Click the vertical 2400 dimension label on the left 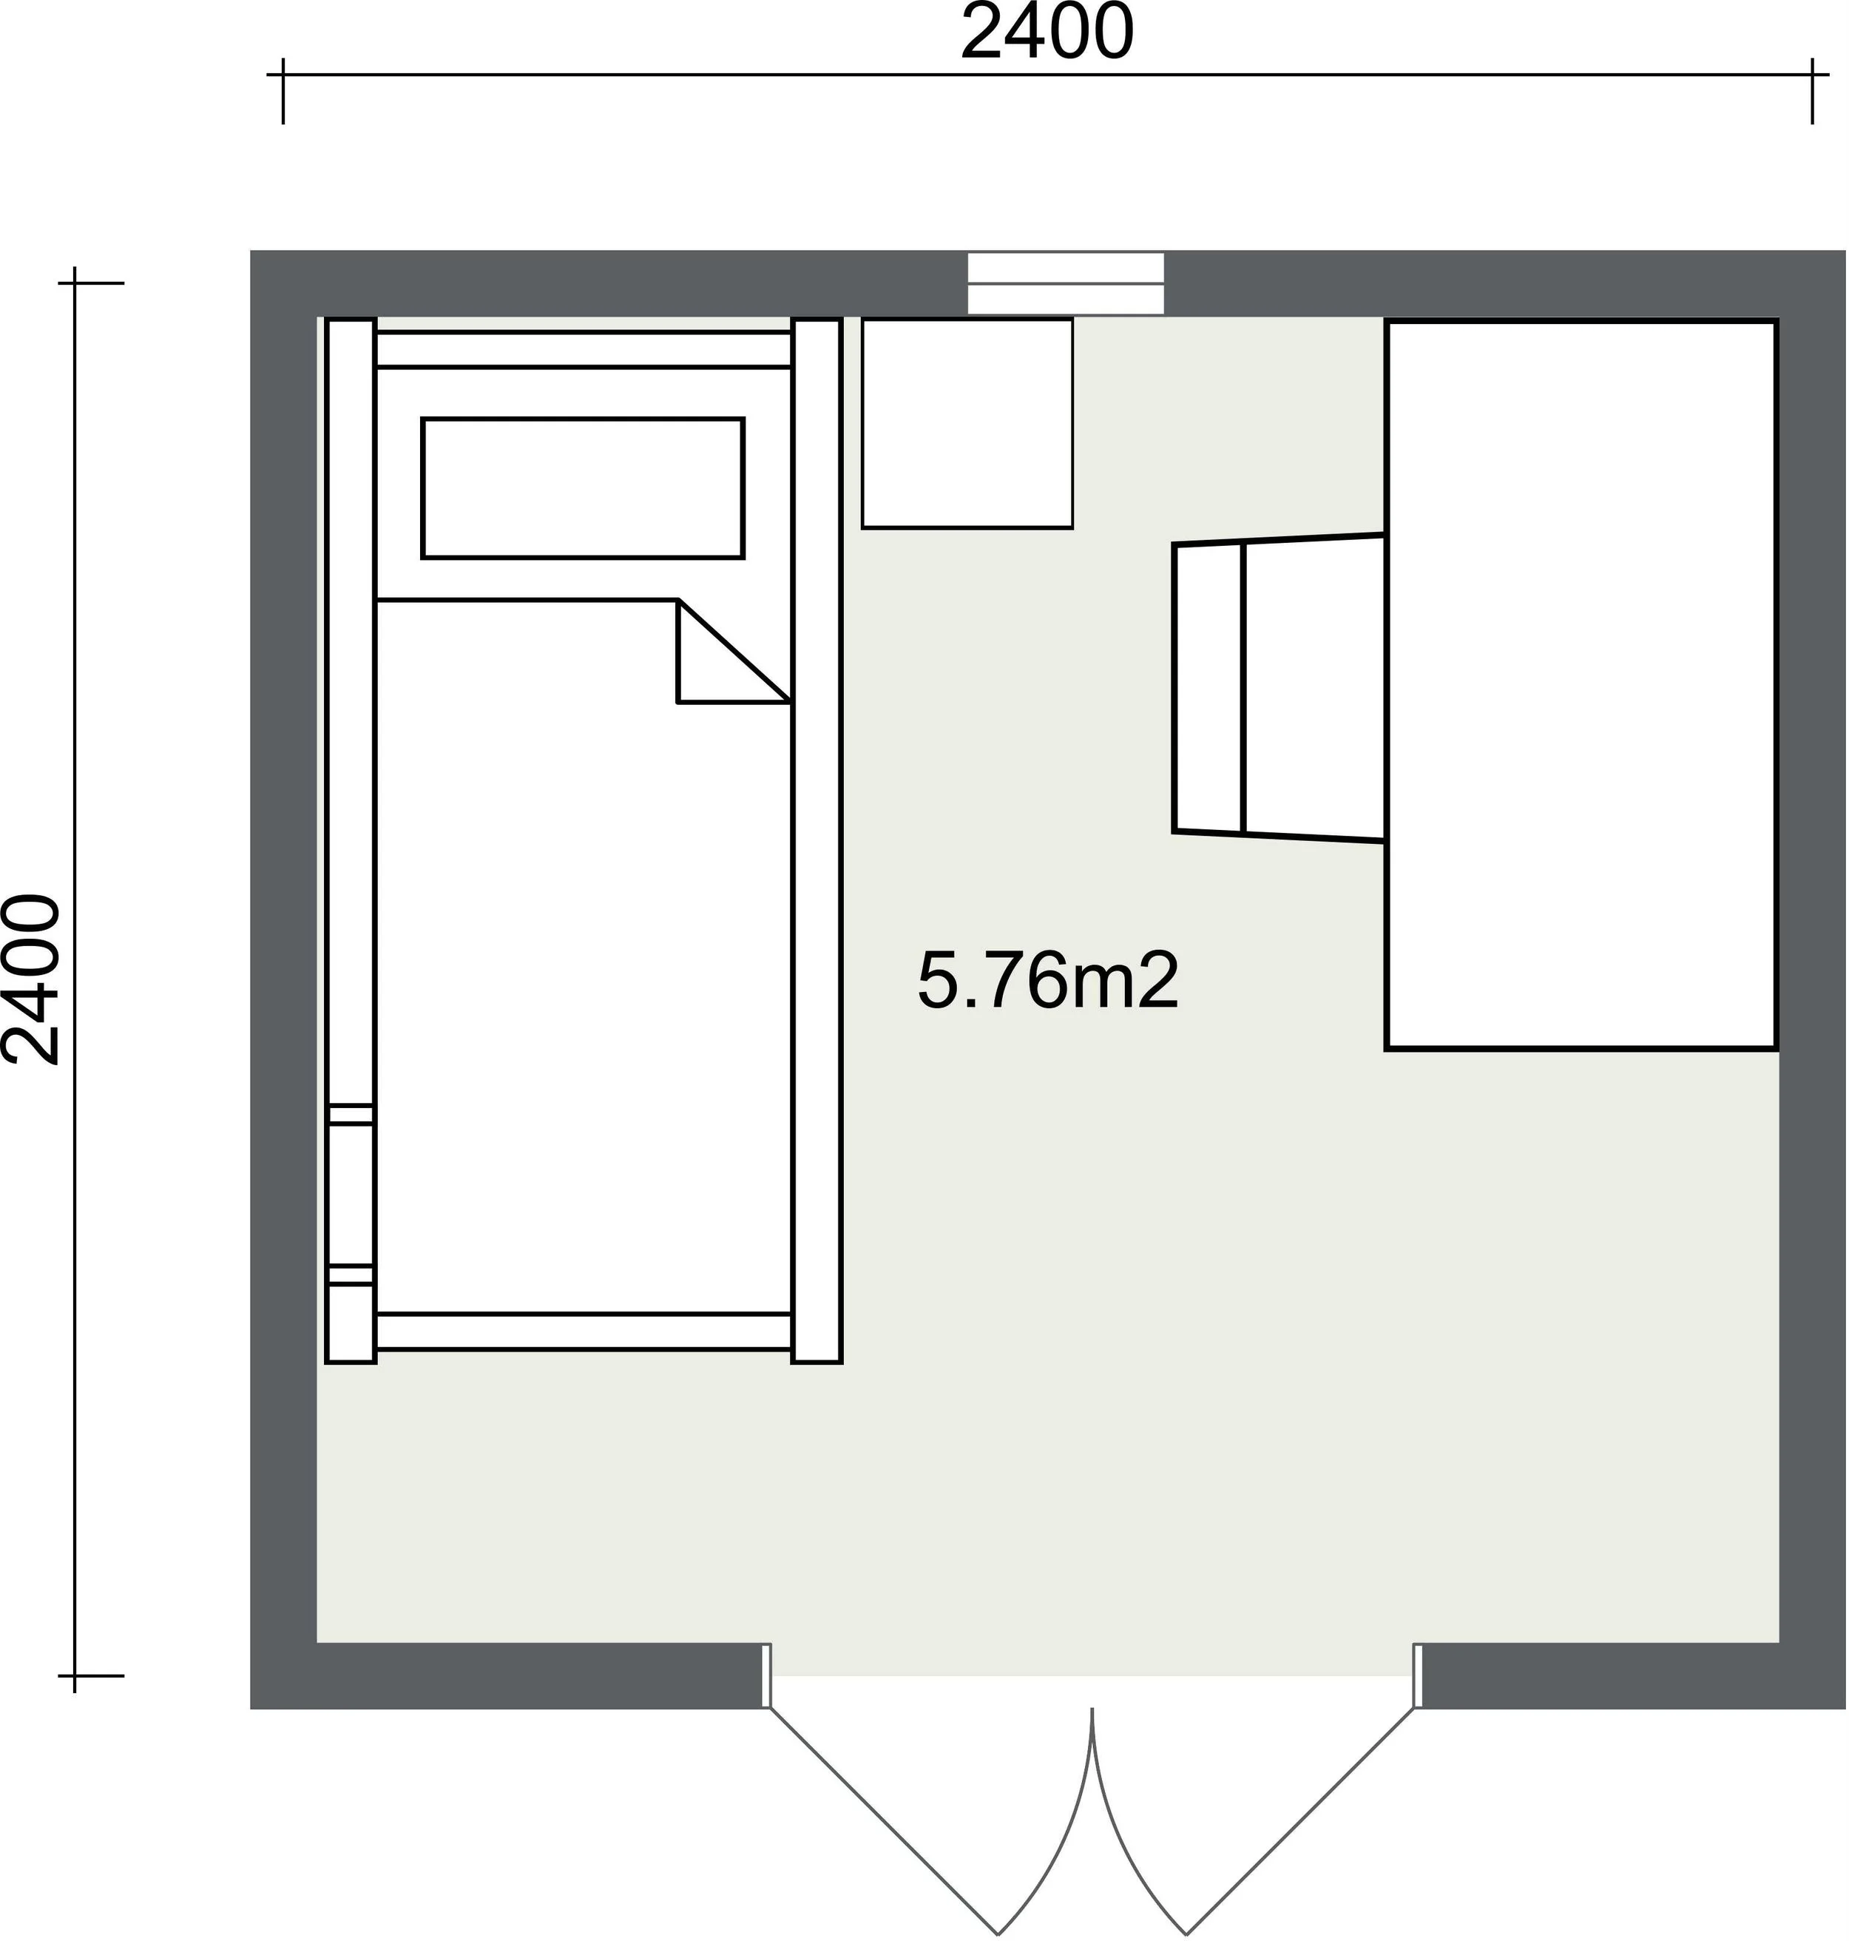[x=32, y=980]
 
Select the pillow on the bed [x=583, y=488]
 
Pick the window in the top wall [x=1066, y=284]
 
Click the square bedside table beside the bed [x=967, y=423]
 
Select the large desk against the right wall [x=1581, y=684]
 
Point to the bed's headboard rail [x=584, y=350]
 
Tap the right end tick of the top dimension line [x=1811, y=91]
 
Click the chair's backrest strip [x=1209, y=688]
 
